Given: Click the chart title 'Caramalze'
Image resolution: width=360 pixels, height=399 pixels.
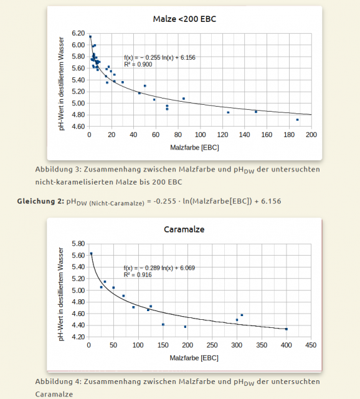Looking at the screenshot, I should click(184, 229).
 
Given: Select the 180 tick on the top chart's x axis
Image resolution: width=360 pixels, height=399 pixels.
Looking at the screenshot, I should click(289, 135).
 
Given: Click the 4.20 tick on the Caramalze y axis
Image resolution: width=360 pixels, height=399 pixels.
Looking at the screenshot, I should click(77, 337).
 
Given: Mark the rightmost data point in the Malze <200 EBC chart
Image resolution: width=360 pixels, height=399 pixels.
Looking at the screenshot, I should click(298, 119).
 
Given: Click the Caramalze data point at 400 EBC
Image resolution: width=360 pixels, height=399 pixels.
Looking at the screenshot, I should click(287, 329).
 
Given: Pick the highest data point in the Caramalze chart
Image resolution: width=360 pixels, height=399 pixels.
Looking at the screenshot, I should click(92, 254).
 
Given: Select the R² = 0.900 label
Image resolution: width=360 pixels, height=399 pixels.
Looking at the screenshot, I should click(137, 64).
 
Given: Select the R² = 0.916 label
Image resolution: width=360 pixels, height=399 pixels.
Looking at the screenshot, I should click(137, 274).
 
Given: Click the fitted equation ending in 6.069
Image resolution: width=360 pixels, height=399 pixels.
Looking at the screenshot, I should click(159, 267).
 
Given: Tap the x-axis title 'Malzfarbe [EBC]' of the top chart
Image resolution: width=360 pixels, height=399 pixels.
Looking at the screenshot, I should click(194, 148).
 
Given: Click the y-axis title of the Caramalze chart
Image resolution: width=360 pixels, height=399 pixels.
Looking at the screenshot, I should click(62, 290).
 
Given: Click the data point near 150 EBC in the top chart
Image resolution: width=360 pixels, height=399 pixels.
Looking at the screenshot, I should click(256, 112).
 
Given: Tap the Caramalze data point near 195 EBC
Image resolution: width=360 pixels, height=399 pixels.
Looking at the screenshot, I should click(185, 327).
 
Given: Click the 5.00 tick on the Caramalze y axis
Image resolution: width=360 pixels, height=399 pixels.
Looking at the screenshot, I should click(77, 291).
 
